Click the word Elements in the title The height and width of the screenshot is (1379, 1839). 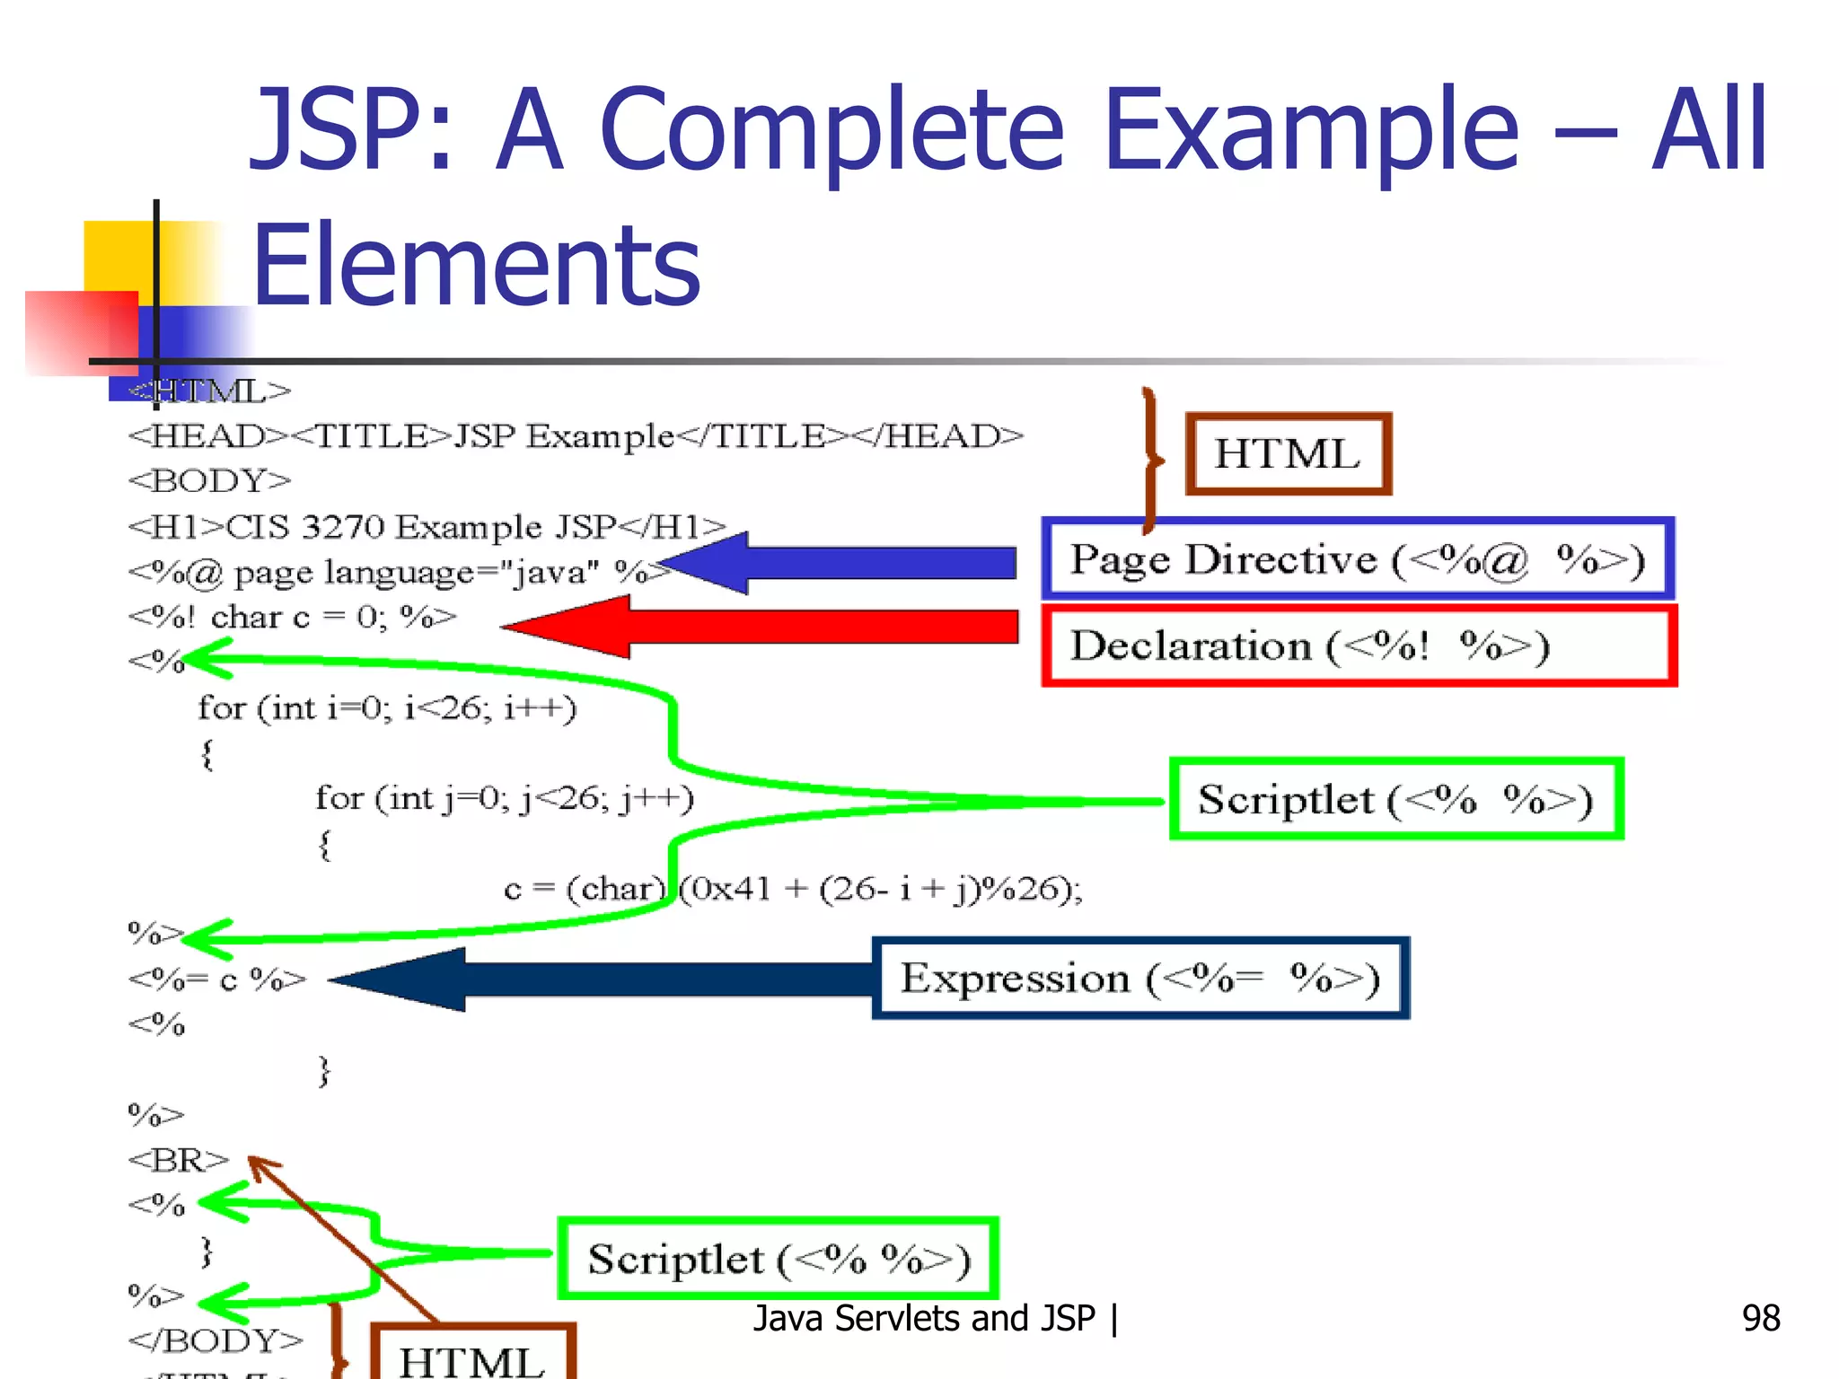476,266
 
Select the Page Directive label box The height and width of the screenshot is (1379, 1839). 1357,559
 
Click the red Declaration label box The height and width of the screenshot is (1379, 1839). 1358,646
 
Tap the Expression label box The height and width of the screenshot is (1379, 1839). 1139,978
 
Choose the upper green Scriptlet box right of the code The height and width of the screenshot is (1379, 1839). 1395,799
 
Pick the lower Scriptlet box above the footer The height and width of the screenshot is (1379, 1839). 778,1258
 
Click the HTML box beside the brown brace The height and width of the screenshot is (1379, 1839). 1288,453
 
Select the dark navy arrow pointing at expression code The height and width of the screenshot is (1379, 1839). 611,979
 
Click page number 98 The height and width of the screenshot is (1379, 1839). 1760,1318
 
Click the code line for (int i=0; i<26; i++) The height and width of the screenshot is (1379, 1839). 387,708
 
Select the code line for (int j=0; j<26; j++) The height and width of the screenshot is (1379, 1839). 504,798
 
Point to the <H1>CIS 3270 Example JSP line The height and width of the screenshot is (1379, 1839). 427,527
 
